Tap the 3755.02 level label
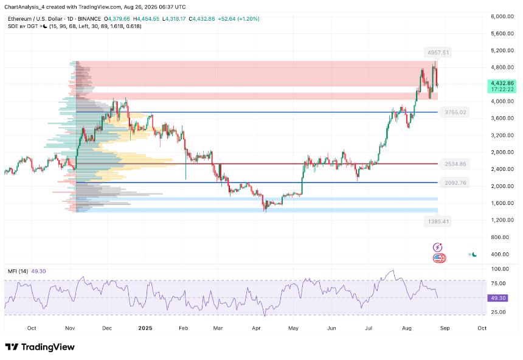click(x=455, y=112)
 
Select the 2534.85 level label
click(x=455, y=164)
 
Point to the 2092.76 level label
click(x=455, y=183)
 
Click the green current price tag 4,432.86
click(x=502, y=83)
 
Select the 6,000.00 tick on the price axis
click(x=502, y=16)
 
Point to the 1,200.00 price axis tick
click(x=502, y=220)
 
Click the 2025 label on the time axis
click(x=145, y=328)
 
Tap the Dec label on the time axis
click(x=107, y=328)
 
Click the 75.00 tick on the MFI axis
click(x=500, y=283)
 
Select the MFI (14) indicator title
click(x=18, y=271)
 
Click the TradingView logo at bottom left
click(x=40, y=347)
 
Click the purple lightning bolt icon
click(x=437, y=247)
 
